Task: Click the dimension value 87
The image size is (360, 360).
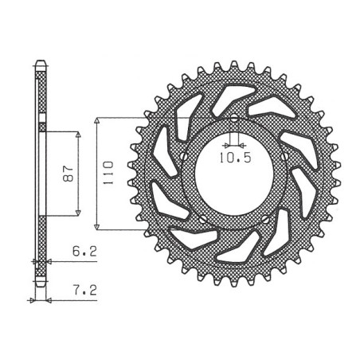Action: [68, 174]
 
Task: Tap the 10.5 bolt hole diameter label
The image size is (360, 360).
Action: [235, 158]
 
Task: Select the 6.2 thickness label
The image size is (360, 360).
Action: [84, 251]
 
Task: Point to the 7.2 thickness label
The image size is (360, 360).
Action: [85, 291]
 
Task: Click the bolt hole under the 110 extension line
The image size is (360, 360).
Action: [234, 118]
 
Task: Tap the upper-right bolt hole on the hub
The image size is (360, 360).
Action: [285, 156]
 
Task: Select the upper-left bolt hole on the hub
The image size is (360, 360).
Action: [183, 156]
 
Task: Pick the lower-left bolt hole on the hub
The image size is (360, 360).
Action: [203, 219]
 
